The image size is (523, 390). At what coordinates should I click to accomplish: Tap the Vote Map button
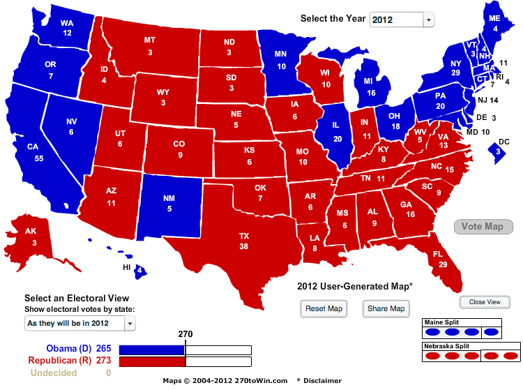pyautogui.click(x=483, y=227)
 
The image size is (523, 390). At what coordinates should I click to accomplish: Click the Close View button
pyautogui.click(x=485, y=302)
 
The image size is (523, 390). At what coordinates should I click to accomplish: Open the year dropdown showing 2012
pyautogui.click(x=402, y=19)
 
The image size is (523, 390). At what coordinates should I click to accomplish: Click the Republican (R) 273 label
pyautogui.click(x=69, y=361)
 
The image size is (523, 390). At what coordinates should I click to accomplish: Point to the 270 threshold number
pyautogui.click(x=185, y=334)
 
